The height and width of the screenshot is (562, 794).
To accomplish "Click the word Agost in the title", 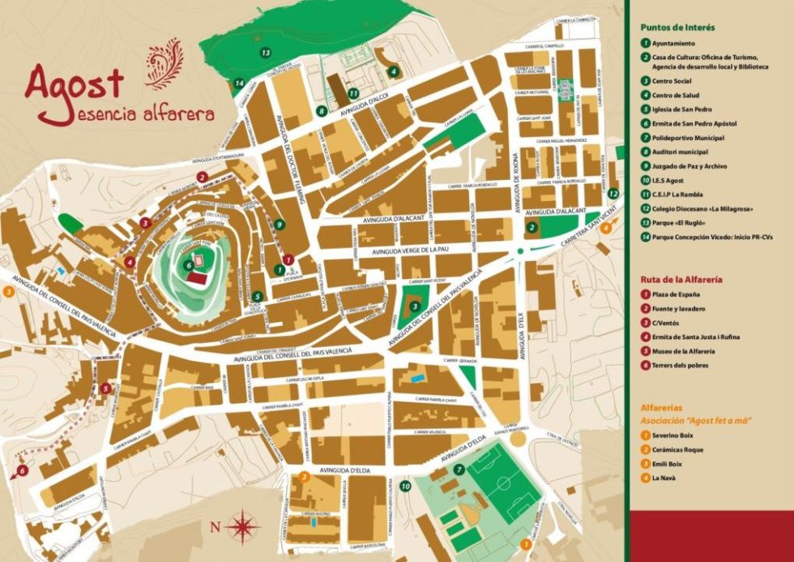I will [x=75, y=82].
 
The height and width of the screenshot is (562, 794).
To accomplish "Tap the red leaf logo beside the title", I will [x=164, y=64].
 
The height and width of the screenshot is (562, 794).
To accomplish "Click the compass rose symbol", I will [x=241, y=527].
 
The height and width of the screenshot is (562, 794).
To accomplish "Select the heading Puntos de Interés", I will [x=677, y=27].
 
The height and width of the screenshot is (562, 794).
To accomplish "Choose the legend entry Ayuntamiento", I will [x=673, y=43].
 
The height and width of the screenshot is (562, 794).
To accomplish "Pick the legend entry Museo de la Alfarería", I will [x=683, y=351].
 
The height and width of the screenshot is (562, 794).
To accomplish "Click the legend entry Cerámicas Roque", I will [x=678, y=449].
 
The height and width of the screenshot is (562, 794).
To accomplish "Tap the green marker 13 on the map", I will [x=266, y=52].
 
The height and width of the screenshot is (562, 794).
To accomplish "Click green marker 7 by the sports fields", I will [x=459, y=469].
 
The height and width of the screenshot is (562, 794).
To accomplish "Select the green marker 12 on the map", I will [x=613, y=194].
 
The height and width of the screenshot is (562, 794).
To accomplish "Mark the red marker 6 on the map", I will [x=22, y=470].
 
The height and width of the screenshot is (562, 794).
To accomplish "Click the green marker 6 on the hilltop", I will [x=188, y=264].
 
